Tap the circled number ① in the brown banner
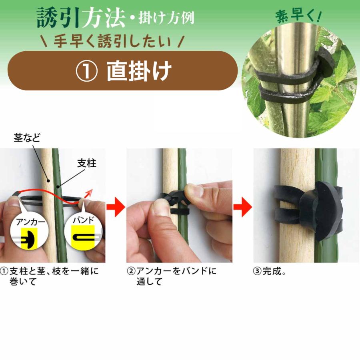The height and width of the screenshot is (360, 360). click(86, 71)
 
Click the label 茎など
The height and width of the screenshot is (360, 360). click(26, 138)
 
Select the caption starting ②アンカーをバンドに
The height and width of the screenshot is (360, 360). click(172, 276)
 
